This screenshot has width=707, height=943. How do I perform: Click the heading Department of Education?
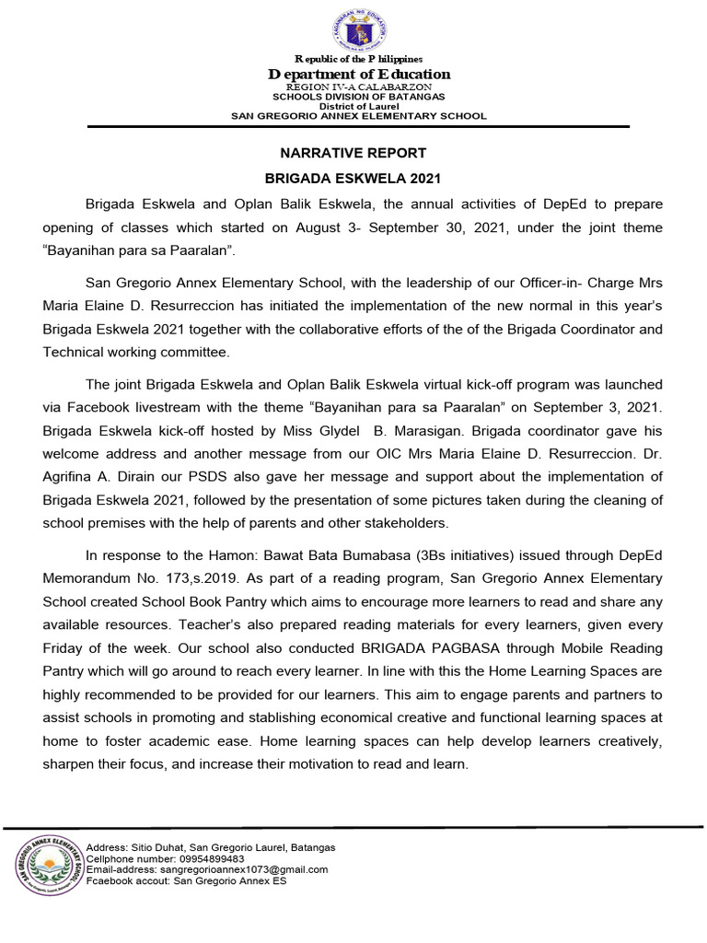click(x=359, y=74)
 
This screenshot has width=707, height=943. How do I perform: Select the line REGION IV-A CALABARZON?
click(x=359, y=87)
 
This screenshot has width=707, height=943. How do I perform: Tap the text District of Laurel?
click(x=359, y=106)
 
